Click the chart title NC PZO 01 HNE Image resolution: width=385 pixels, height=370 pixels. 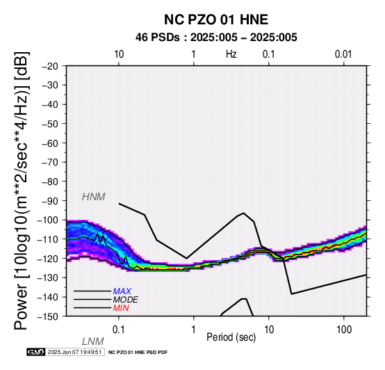pyautogui.click(x=216, y=19)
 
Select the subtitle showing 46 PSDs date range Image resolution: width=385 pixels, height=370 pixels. pyautogui.click(x=216, y=38)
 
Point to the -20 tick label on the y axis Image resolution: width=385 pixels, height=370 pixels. pyautogui.click(x=50, y=66)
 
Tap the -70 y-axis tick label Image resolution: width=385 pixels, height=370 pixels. pyautogui.click(x=50, y=163)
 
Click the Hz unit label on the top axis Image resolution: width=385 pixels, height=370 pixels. pyautogui.click(x=231, y=54)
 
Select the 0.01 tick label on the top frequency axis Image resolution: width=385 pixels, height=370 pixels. pyautogui.click(x=343, y=54)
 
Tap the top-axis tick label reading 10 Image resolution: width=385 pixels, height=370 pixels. pyautogui.click(x=119, y=54)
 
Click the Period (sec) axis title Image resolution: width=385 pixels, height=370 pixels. pyautogui.click(x=231, y=337)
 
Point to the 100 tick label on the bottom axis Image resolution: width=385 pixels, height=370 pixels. pyautogui.click(x=344, y=330)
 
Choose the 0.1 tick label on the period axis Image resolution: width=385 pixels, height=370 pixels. pyautogui.click(x=119, y=330)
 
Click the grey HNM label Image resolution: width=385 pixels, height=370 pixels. pyautogui.click(x=94, y=197)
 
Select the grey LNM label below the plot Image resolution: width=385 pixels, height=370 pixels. pyautogui.click(x=93, y=341)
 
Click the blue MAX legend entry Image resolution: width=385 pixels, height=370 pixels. pyautogui.click(x=122, y=291)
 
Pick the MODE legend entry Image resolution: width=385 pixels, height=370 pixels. pyautogui.click(x=126, y=300)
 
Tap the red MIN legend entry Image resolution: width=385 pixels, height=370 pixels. pyautogui.click(x=121, y=308)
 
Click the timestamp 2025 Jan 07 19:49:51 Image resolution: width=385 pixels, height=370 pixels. pyautogui.click(x=74, y=352)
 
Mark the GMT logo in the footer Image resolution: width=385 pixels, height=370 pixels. pyautogui.click(x=36, y=352)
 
